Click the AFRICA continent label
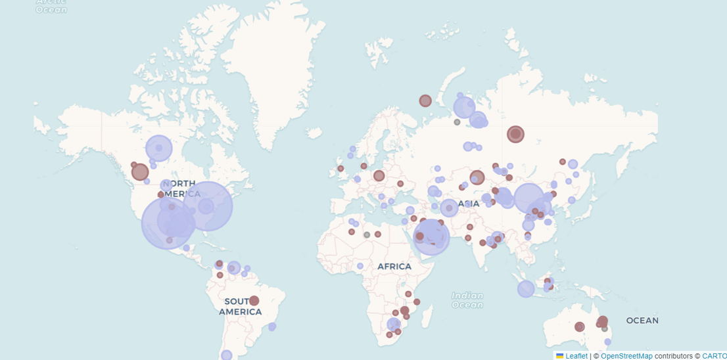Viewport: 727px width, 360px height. pyautogui.click(x=394, y=267)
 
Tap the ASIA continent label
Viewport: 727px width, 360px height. pyautogui.click(x=469, y=204)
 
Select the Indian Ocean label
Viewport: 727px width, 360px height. pyautogui.click(x=467, y=300)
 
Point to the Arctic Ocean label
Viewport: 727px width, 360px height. pyautogui.click(x=51, y=6)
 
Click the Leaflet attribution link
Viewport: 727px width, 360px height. pyautogui.click(x=576, y=356)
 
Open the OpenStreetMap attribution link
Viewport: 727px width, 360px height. pyautogui.click(x=626, y=356)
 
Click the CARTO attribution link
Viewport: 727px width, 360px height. pyautogui.click(x=714, y=356)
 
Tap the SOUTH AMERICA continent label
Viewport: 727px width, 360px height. pyautogui.click(x=240, y=306)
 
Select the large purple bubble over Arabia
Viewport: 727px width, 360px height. pyautogui.click(x=431, y=236)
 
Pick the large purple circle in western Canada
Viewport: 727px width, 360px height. pyautogui.click(x=158, y=148)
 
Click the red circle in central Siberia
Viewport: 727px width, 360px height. pyautogui.click(x=515, y=134)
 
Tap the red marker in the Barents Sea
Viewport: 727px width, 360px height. pyautogui.click(x=425, y=101)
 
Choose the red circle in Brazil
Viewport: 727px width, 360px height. pyautogui.click(x=254, y=301)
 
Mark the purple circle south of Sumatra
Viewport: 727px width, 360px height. pyautogui.click(x=526, y=289)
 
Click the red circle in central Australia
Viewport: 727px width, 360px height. pyautogui.click(x=579, y=326)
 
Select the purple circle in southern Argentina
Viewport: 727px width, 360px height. pyautogui.click(x=227, y=355)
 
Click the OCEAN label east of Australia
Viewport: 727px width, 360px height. pyautogui.click(x=642, y=321)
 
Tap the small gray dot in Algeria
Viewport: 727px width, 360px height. pyautogui.click(x=367, y=235)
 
